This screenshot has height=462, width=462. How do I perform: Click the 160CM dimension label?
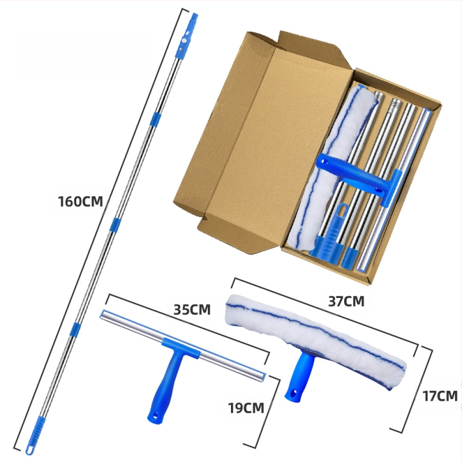[x=80, y=202]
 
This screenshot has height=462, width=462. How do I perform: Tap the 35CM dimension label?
[x=192, y=310]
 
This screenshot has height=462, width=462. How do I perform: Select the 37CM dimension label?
[x=346, y=301]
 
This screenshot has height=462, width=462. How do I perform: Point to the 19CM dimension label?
[x=246, y=408]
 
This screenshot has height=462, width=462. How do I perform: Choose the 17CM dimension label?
[x=440, y=396]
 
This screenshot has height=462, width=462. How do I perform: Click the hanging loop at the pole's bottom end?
[x=30, y=450]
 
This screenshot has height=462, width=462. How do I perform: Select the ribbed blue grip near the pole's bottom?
[x=37, y=430]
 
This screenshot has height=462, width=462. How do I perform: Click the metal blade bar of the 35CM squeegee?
[x=182, y=345]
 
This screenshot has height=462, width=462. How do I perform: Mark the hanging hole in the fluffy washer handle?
[x=293, y=393]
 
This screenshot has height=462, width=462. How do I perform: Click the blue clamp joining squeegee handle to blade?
[x=181, y=347]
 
